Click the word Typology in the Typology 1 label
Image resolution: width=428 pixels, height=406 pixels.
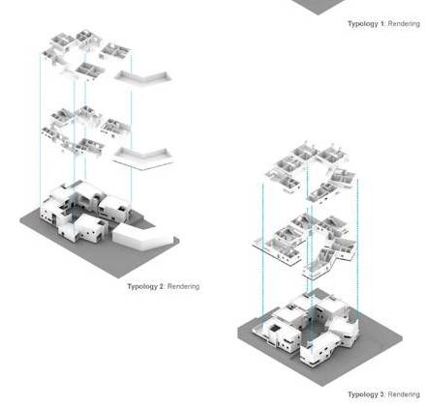pos(363,24)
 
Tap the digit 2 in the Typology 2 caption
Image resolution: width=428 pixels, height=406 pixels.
pos(162,286)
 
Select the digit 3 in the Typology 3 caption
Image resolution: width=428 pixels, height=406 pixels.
pos(382,394)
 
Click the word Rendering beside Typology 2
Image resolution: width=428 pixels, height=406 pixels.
pos(183,286)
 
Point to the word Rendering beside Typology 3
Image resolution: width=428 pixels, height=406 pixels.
pos(404,394)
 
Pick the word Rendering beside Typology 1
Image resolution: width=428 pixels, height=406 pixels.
pos(404,24)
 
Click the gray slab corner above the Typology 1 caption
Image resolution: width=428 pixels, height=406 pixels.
pos(318,6)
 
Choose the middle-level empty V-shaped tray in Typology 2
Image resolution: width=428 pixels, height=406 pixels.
pos(142,158)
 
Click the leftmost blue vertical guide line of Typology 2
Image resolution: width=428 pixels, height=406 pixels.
pos(40,129)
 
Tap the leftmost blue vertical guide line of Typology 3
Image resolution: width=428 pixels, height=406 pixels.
pos(262,253)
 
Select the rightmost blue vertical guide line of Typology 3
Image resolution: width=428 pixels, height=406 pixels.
pos(357,251)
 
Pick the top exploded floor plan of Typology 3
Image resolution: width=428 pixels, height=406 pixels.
pos(311,171)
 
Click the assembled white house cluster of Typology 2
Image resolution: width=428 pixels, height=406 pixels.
pos(84,211)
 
